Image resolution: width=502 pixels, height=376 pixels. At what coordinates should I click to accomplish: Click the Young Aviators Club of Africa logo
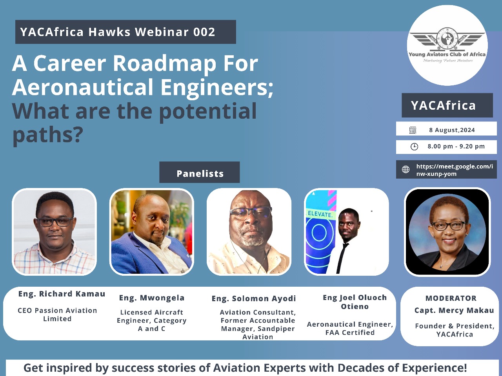tap(447, 45)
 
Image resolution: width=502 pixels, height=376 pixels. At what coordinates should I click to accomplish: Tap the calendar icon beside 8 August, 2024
tap(413, 130)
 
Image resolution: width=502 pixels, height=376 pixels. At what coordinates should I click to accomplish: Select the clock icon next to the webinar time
tap(414, 146)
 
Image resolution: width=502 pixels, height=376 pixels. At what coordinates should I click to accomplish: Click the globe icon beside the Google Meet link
tap(406, 169)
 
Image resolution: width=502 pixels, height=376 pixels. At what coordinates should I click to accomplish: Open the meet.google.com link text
tap(455, 170)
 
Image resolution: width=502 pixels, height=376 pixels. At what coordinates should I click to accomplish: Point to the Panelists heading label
tap(200, 173)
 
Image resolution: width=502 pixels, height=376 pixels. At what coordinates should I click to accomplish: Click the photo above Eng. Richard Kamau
tap(54, 232)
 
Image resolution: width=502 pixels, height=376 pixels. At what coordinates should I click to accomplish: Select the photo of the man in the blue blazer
tap(152, 232)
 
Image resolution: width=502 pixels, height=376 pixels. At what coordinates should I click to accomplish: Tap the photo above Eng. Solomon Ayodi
tap(249, 232)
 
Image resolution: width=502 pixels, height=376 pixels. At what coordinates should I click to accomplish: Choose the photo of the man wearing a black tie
tap(346, 232)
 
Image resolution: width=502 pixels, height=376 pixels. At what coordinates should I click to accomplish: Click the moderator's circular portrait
tap(447, 232)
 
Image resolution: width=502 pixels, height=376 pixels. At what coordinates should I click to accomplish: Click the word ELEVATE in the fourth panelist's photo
tap(320, 214)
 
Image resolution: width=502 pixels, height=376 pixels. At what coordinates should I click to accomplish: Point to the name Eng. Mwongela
tap(152, 298)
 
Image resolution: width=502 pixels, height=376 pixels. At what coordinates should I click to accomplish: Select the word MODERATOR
tap(451, 298)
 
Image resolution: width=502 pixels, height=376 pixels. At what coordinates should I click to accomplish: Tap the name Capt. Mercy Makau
tap(454, 311)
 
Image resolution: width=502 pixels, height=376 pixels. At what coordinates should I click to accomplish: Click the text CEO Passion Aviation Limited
tap(57, 315)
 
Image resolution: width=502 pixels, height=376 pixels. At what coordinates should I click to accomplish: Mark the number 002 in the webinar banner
tap(204, 32)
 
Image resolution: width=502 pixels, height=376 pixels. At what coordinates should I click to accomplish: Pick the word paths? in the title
tap(47, 135)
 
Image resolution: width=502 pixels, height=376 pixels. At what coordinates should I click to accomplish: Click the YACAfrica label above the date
tap(443, 105)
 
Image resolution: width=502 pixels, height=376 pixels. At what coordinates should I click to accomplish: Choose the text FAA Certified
tap(350, 333)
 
